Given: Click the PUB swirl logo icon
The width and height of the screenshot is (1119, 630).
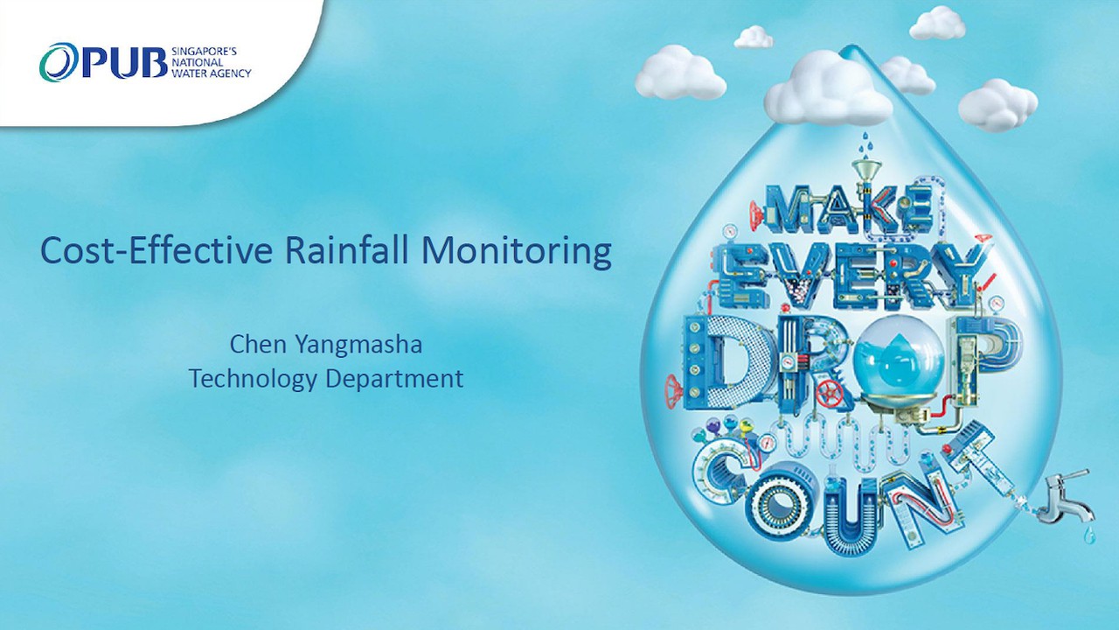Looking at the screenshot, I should pos(59,63).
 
